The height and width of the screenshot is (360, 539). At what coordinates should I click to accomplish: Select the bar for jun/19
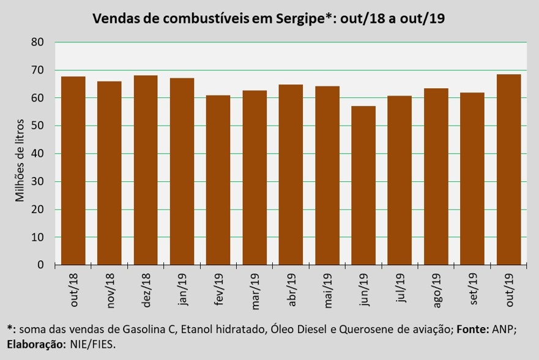363,186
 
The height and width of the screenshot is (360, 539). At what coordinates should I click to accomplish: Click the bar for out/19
509,170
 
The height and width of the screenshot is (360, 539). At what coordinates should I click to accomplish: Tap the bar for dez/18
146,170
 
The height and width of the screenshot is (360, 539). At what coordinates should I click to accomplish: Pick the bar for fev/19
218,180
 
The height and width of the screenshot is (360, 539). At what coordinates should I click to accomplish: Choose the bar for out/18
73,171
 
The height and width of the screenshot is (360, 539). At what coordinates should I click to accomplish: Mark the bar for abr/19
291,174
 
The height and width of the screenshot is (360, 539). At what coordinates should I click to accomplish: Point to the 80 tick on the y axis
37,42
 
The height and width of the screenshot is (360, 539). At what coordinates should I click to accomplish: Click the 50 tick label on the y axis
37,126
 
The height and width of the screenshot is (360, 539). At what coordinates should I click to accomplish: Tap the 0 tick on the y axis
41,264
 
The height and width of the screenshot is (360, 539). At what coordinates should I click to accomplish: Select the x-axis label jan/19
182,290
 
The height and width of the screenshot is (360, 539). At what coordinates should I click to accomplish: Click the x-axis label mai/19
327,291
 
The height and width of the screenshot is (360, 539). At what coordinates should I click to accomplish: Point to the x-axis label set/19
472,289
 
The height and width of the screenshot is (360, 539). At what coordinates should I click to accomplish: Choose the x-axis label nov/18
110,291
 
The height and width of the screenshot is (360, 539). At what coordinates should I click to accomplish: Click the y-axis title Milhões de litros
20,160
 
